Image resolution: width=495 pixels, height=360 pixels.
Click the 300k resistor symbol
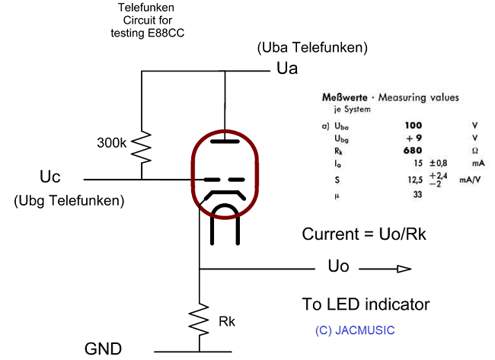(142, 146)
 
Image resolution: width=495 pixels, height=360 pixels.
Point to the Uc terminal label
(49, 177)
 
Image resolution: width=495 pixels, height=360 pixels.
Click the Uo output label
(338, 268)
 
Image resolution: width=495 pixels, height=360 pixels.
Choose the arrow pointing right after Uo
(385, 268)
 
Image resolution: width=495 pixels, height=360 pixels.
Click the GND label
(104, 349)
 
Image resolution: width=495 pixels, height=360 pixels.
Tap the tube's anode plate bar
(224, 141)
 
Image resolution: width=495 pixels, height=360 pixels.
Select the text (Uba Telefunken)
(313, 48)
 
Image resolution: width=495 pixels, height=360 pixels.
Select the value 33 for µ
(417, 196)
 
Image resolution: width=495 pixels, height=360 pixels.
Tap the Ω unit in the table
(474, 151)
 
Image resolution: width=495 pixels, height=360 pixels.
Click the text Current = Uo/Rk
(363, 234)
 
